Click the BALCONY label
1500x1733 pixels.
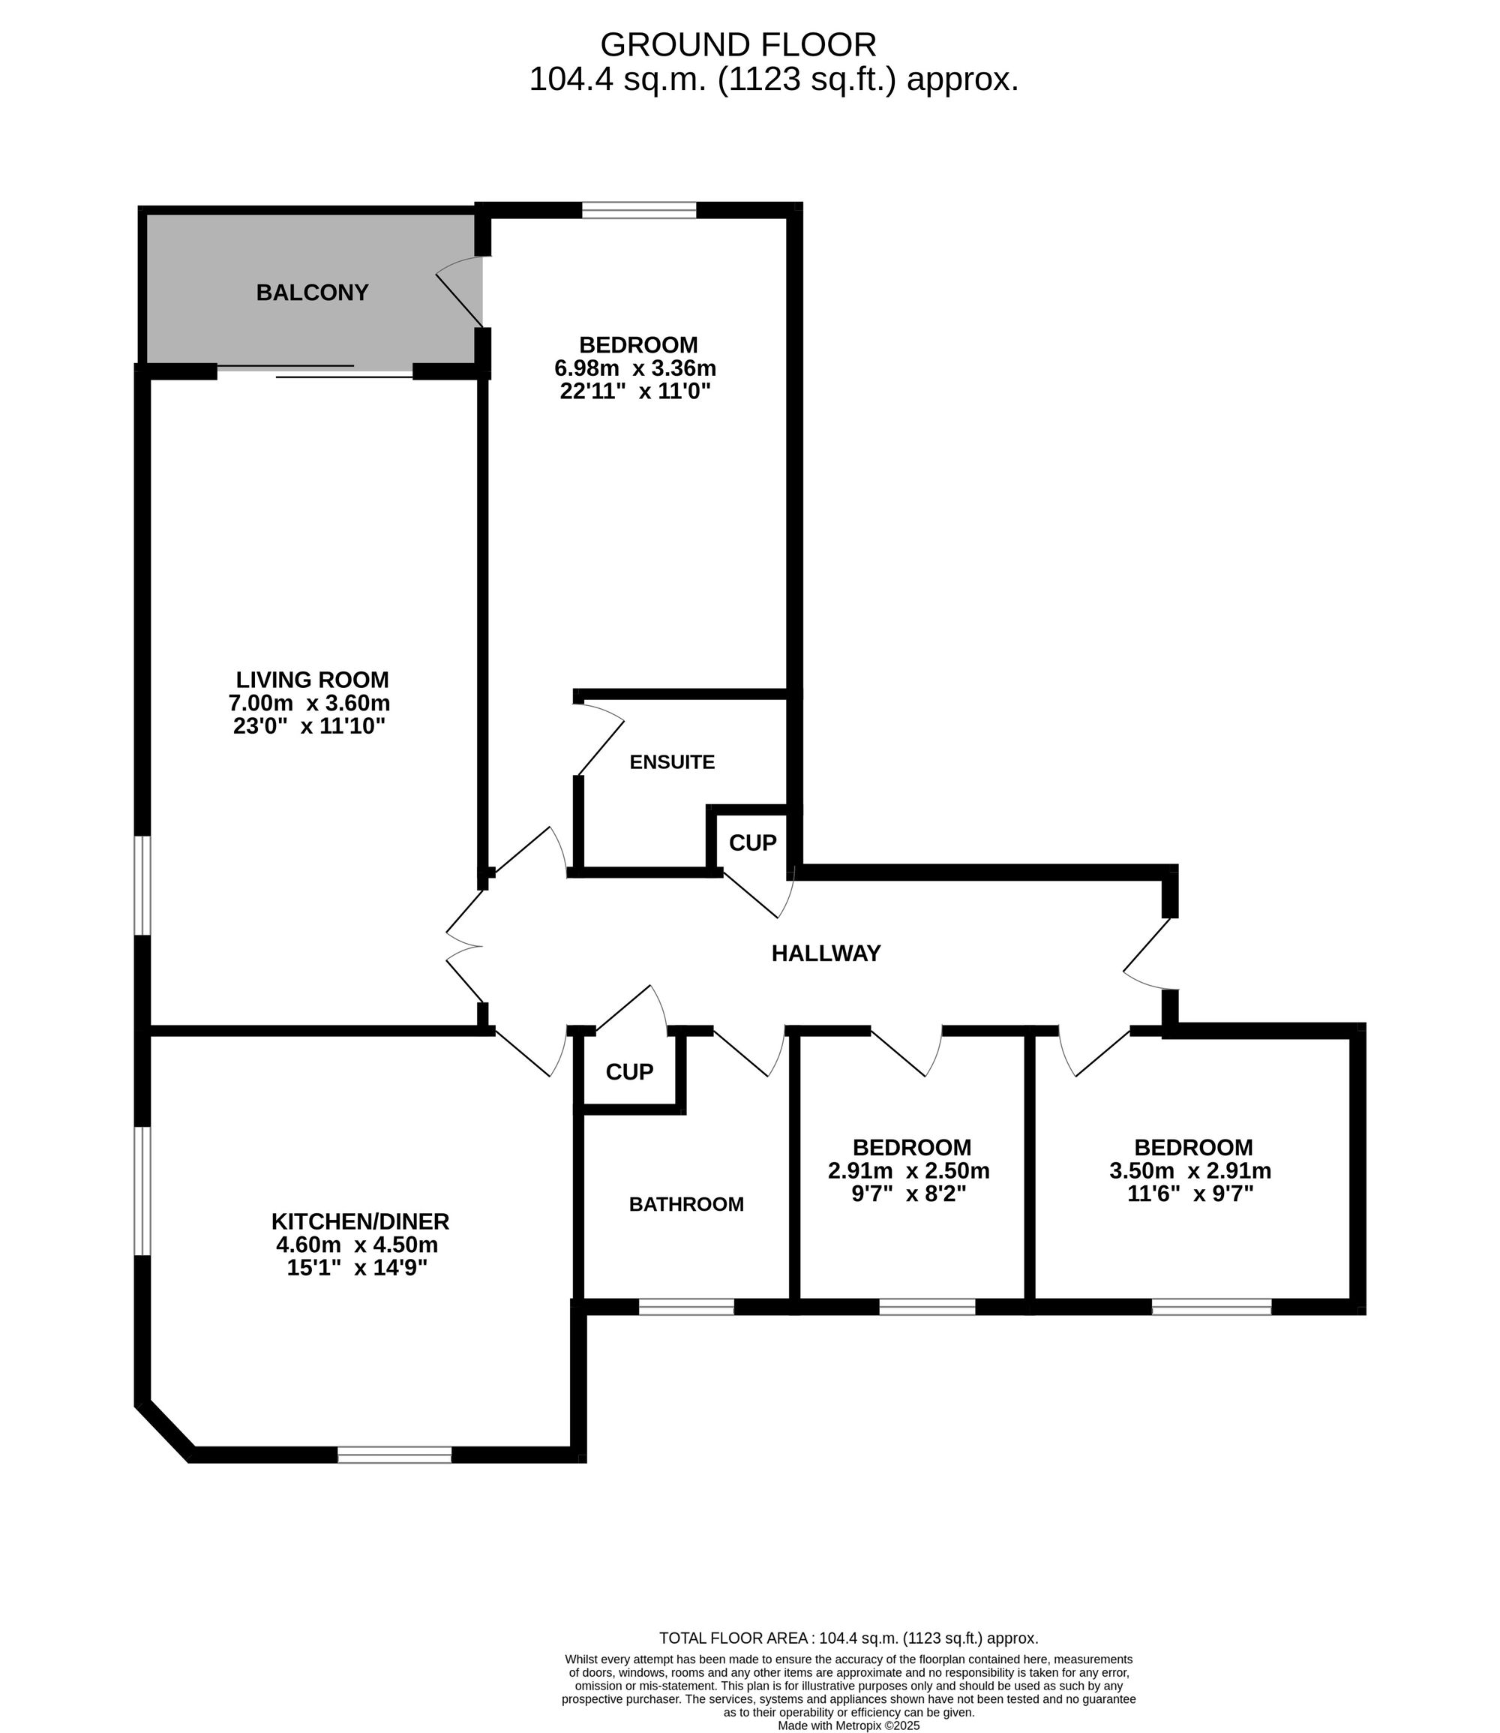click(312, 293)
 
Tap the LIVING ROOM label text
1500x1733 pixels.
click(312, 680)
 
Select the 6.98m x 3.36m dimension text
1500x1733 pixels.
click(635, 368)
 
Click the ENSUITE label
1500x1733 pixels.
click(672, 763)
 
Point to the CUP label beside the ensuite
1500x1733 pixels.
click(752, 843)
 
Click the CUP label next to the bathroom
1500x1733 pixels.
click(629, 1071)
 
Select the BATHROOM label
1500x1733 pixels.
click(686, 1205)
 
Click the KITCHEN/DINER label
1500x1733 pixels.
click(360, 1221)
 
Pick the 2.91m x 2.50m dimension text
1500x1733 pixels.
click(909, 1170)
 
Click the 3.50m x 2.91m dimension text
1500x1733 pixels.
click(1190, 1170)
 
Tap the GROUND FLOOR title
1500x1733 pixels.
click(738, 44)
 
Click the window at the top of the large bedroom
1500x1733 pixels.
click(640, 210)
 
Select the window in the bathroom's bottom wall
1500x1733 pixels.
click(686, 1307)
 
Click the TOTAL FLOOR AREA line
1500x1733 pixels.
click(849, 1638)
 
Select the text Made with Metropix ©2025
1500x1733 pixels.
click(849, 1725)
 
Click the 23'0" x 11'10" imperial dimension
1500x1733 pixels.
click(309, 726)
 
